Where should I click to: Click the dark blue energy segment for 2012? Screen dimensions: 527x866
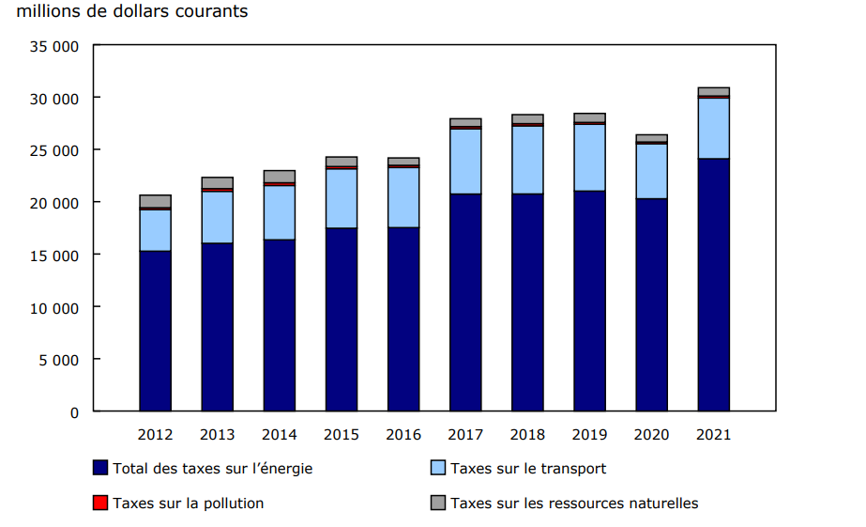[155, 331]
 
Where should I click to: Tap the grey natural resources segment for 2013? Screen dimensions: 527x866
[217, 182]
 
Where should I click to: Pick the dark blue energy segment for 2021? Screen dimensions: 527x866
[713, 285]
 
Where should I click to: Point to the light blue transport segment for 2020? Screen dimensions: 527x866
[651, 171]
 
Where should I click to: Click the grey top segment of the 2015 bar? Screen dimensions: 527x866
[342, 162]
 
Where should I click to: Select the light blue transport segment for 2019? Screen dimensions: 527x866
[589, 158]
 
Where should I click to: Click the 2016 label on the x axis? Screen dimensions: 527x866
[403, 435]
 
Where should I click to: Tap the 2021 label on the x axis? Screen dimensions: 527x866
[713, 435]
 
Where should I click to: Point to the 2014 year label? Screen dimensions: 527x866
[280, 435]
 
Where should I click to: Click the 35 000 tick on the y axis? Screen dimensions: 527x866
[58, 46]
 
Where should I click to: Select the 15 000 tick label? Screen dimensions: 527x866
[58, 255]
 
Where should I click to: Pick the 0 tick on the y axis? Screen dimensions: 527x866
[73, 411]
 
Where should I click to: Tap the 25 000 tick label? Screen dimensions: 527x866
[58, 150]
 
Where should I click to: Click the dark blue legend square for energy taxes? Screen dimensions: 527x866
[99, 468]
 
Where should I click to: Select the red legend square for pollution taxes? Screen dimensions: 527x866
[99, 504]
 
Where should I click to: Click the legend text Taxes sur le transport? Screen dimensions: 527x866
[528, 468]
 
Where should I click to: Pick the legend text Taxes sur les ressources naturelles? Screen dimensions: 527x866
[574, 504]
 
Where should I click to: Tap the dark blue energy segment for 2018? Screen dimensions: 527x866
[527, 302]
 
